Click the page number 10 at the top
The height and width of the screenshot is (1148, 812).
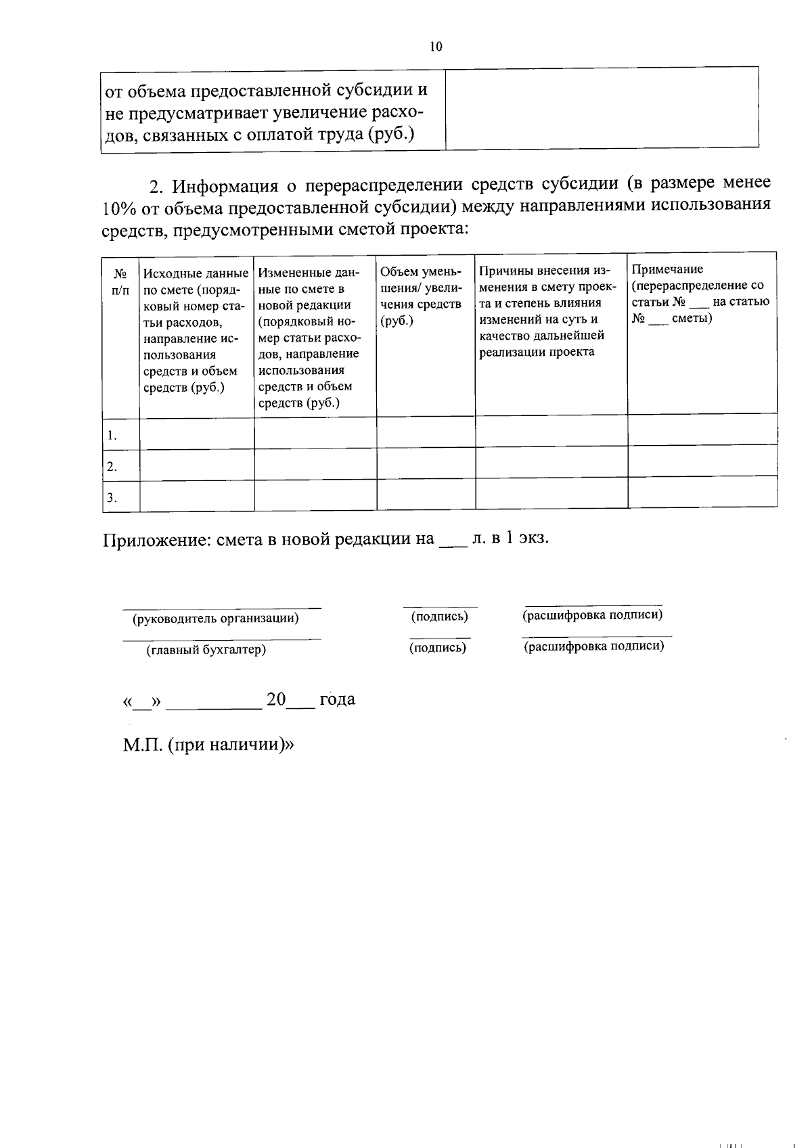435,46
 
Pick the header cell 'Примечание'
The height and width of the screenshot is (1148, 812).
700,294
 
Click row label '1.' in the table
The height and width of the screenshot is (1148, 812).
112,436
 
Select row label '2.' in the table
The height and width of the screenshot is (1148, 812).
112,467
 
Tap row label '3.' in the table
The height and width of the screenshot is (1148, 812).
112,498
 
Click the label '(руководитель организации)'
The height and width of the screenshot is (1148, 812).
216,618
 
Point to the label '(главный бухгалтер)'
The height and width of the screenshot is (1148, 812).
206,649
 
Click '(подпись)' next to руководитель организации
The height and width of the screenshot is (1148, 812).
439,616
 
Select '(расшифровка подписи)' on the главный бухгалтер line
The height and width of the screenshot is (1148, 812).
594,646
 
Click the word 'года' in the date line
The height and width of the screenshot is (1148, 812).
337,699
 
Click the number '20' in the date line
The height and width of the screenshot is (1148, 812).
277,699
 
